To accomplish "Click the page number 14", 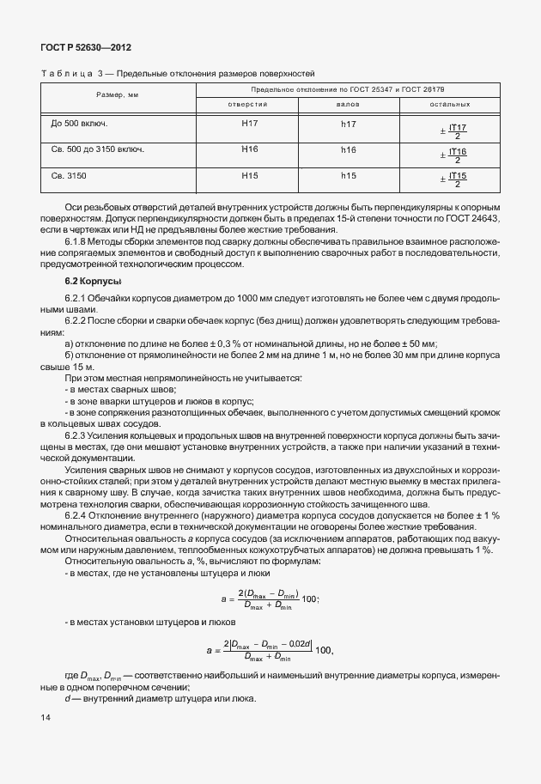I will pyautogui.click(x=46, y=717).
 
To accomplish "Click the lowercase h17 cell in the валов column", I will pyautogui.click(x=349, y=125).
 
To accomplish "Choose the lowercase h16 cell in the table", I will pyautogui.click(x=349, y=149).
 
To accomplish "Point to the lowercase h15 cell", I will pyautogui.click(x=349, y=175).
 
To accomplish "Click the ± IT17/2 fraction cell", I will pyautogui.click(x=452, y=130).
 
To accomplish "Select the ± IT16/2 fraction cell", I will pyautogui.click(x=452, y=155).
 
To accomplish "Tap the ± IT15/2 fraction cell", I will pyautogui.click(x=452, y=179).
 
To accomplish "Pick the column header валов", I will pyautogui.click(x=348, y=105).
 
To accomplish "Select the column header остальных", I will pyautogui.click(x=450, y=105).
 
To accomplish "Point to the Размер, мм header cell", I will pyautogui.click(x=118, y=94).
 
